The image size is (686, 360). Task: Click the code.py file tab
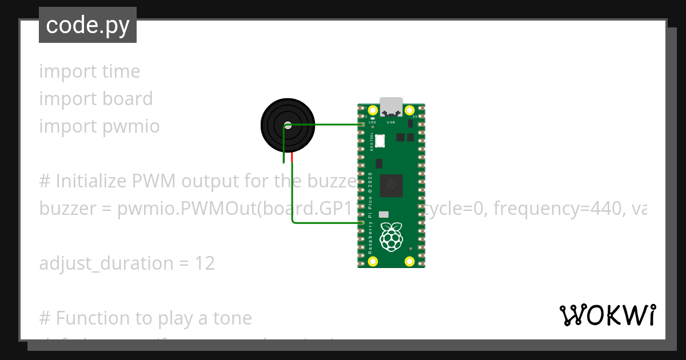coord(87,25)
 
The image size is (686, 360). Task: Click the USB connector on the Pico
coord(392,107)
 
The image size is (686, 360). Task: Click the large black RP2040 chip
coord(392,184)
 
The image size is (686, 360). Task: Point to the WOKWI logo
coord(608,315)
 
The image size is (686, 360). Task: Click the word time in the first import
coord(121,71)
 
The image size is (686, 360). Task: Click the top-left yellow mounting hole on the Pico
coord(373,110)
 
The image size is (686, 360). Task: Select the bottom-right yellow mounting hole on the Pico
coord(410,262)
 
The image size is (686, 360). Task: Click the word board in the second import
coord(127,99)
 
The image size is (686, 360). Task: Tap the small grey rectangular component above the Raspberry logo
coord(384,214)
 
